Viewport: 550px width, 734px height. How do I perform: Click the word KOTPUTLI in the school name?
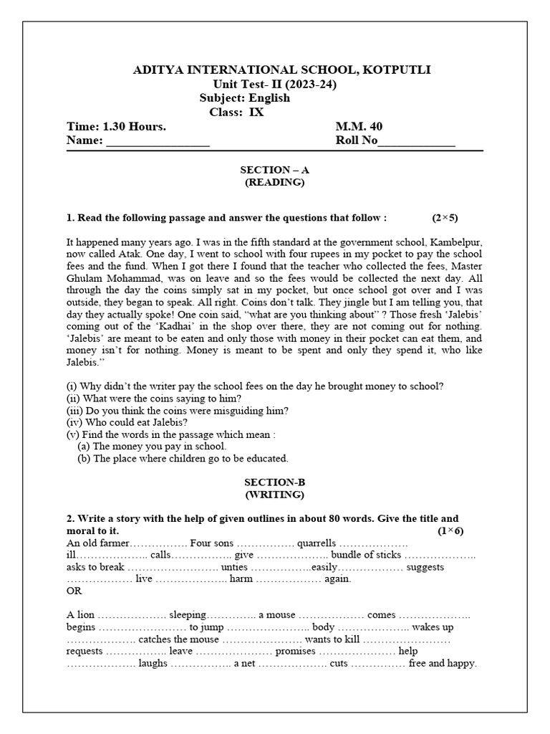pos(397,70)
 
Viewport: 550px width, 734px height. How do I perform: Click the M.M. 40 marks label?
pos(359,126)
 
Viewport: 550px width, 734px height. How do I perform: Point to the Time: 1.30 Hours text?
pos(116,126)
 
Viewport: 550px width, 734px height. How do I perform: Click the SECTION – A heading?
pos(274,170)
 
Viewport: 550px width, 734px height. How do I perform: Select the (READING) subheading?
pos(274,182)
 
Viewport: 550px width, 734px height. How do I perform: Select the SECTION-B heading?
pos(274,482)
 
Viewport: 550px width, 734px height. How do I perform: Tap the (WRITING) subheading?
pos(274,495)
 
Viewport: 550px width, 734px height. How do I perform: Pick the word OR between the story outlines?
pos(74,591)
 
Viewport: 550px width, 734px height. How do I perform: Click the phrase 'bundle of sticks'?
pos(367,555)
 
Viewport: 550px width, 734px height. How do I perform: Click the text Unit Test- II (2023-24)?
pos(274,84)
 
